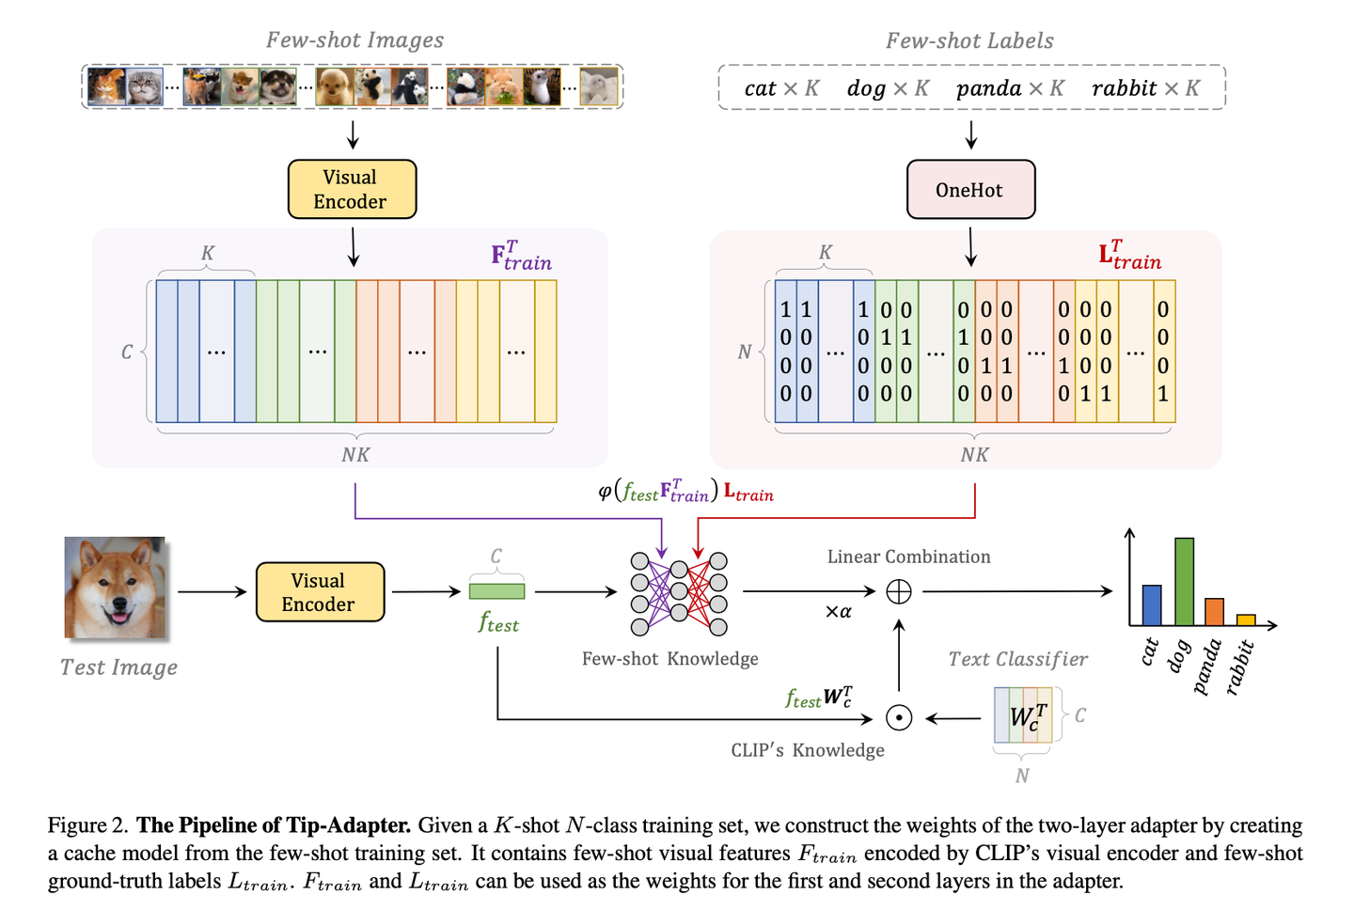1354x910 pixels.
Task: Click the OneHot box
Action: tap(970, 190)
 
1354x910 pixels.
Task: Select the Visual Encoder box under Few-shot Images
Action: tap(351, 189)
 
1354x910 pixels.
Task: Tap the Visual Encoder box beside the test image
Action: tap(320, 592)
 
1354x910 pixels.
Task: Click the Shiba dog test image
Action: tap(115, 588)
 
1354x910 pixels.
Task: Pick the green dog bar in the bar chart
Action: tap(1184, 581)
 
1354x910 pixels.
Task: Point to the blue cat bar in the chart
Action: tap(1151, 604)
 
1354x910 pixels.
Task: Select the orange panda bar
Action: tap(1214, 612)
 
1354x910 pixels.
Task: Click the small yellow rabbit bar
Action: tap(1246, 620)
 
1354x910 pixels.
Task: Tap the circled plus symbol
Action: tap(899, 591)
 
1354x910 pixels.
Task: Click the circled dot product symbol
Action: tap(899, 718)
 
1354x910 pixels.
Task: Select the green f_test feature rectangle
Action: tap(496, 591)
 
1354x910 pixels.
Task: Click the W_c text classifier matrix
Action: tap(1023, 716)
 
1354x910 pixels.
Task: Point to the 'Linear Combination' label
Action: tap(908, 557)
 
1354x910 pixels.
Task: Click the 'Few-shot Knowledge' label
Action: tap(669, 659)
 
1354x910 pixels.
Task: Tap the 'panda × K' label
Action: tap(1010, 88)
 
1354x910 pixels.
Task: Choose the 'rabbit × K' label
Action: tap(1145, 88)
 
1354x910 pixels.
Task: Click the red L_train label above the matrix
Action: tap(1129, 255)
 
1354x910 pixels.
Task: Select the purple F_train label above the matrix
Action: tap(521, 256)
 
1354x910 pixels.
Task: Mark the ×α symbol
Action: tap(838, 612)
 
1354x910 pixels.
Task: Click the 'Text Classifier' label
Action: tap(1017, 659)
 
